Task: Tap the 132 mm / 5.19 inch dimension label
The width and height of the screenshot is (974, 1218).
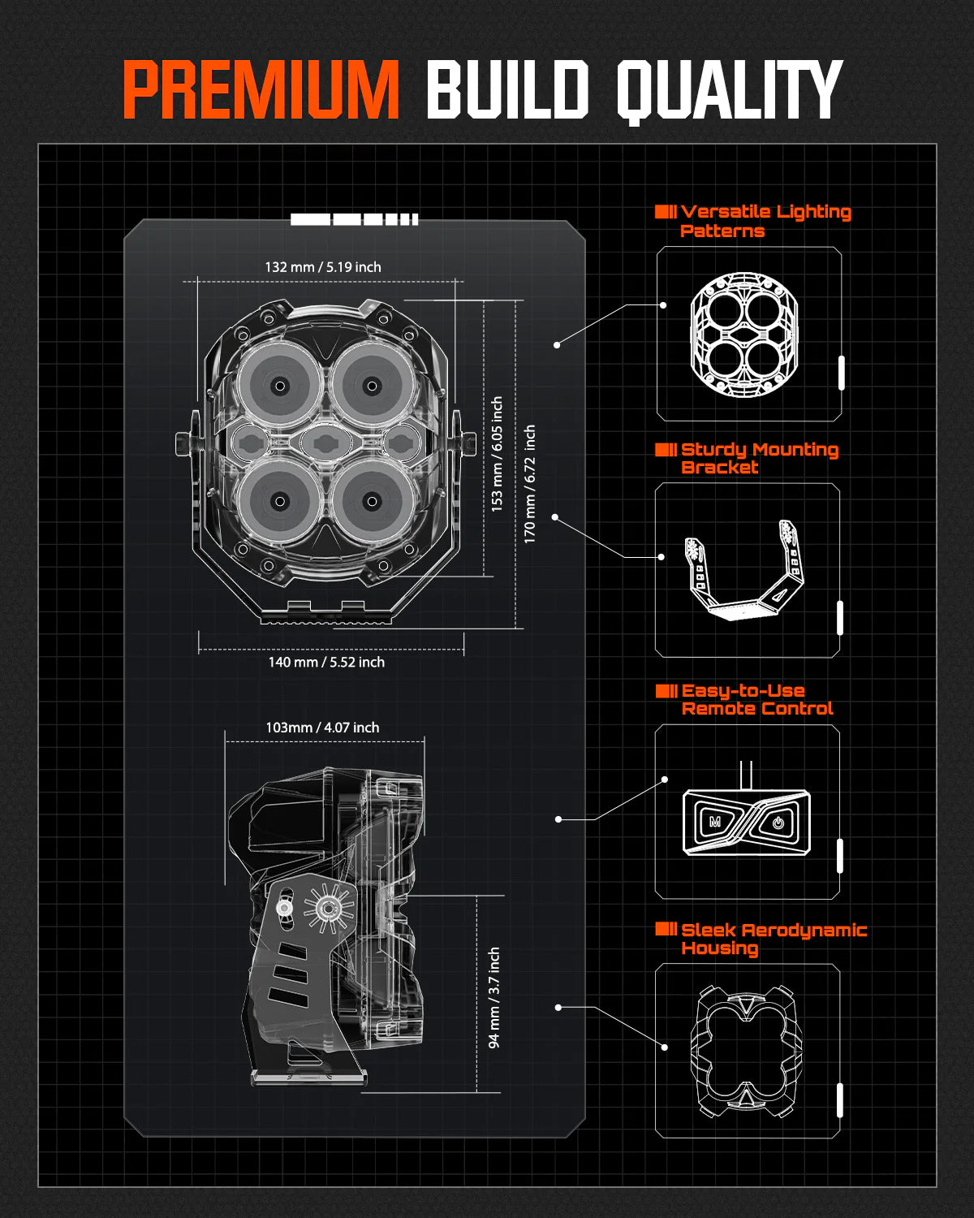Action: (x=323, y=267)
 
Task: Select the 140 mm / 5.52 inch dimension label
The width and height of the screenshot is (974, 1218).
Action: (x=326, y=663)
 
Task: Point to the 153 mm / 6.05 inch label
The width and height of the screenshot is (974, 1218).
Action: (x=497, y=453)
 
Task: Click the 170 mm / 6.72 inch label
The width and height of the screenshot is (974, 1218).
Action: (x=529, y=483)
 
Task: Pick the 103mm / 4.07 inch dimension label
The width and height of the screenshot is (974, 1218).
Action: (x=322, y=728)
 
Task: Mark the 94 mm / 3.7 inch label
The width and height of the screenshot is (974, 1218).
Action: (x=493, y=997)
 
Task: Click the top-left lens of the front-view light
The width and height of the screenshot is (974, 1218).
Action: (x=280, y=386)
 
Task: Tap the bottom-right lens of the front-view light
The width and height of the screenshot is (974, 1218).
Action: (x=372, y=500)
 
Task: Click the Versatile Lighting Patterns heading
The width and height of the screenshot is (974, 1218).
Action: (x=765, y=221)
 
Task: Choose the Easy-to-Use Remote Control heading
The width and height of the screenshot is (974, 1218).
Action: (x=756, y=699)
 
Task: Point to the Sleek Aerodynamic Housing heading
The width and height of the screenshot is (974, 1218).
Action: (x=773, y=939)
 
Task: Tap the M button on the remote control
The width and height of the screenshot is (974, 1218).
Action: (x=715, y=822)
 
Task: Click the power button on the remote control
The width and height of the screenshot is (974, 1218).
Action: (x=778, y=822)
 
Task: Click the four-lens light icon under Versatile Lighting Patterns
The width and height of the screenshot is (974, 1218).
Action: (x=744, y=335)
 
